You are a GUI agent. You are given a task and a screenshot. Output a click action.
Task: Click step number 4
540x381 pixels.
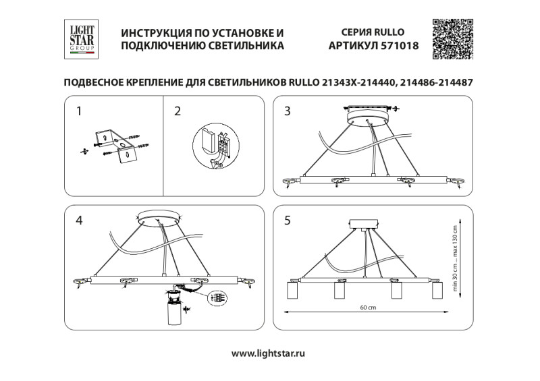click(x=80, y=219)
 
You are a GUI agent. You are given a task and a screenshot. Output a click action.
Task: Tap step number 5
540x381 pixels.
click(x=288, y=220)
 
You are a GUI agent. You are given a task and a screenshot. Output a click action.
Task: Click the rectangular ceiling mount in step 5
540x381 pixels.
click(x=365, y=225)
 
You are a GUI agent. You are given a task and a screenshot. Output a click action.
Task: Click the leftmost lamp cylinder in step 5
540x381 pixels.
click(x=293, y=291)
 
